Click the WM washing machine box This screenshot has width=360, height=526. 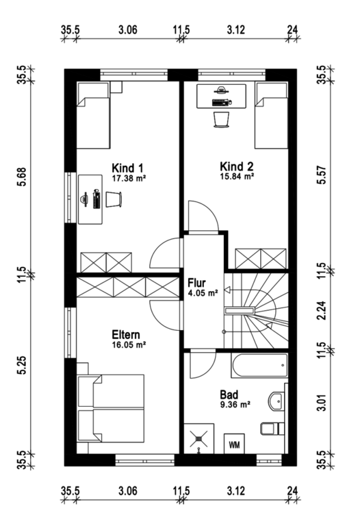click(234, 444)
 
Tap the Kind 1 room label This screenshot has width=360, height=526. click(127, 168)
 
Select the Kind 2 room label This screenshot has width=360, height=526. click(236, 166)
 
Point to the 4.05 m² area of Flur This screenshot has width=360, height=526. click(203, 293)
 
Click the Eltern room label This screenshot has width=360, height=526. click(126, 334)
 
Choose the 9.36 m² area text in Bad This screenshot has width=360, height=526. click(235, 405)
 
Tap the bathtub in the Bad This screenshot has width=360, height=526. click(259, 366)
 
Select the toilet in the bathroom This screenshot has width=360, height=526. click(272, 428)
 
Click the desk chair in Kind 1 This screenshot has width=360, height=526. click(114, 199)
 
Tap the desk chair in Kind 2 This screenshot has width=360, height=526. click(222, 119)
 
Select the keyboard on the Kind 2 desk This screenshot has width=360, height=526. click(221, 103)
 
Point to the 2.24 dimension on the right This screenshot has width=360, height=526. click(322, 311)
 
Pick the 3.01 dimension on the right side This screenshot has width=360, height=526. click(322, 403)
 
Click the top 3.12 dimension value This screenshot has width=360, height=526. click(236, 30)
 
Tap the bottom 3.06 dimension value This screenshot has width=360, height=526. click(128, 491)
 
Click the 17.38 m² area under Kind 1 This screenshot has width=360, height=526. click(129, 178)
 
